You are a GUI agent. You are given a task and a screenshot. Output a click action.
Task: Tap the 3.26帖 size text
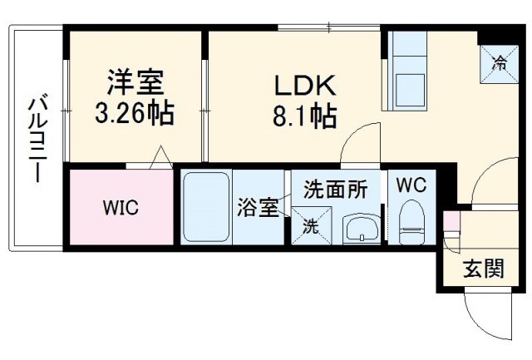[135, 112]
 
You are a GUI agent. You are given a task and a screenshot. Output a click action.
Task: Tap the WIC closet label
[121, 208]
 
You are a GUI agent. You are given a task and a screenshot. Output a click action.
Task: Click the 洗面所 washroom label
[335, 189]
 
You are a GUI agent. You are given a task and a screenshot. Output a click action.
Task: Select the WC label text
[410, 185]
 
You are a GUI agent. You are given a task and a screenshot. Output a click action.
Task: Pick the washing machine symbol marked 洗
[308, 224]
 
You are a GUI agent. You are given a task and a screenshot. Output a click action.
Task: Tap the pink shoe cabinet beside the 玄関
[451, 224]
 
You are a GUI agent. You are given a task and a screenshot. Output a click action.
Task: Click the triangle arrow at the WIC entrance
[160, 156]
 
